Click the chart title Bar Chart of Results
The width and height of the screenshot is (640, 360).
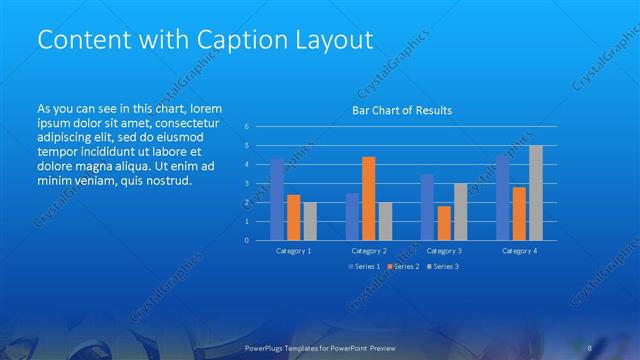click(401, 110)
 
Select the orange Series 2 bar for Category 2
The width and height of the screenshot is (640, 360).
click(368, 198)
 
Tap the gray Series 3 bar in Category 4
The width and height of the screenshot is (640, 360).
click(536, 193)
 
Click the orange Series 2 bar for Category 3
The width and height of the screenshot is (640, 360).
click(444, 223)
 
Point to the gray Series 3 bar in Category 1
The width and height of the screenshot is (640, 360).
click(310, 221)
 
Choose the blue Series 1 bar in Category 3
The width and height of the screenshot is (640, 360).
click(427, 207)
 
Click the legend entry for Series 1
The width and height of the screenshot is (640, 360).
click(363, 267)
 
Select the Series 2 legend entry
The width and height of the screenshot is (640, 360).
click(403, 267)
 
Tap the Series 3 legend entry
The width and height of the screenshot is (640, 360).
click(443, 267)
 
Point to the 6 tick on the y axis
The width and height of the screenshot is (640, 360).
click(245, 127)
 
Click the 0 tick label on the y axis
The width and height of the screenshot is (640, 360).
click(245, 240)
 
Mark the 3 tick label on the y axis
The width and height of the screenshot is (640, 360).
click(245, 184)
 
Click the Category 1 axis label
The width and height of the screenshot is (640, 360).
click(294, 251)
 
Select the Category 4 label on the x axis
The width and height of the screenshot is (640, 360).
click(519, 251)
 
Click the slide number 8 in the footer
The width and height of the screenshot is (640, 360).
click(590, 347)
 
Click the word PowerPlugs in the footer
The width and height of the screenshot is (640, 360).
click(265, 347)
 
